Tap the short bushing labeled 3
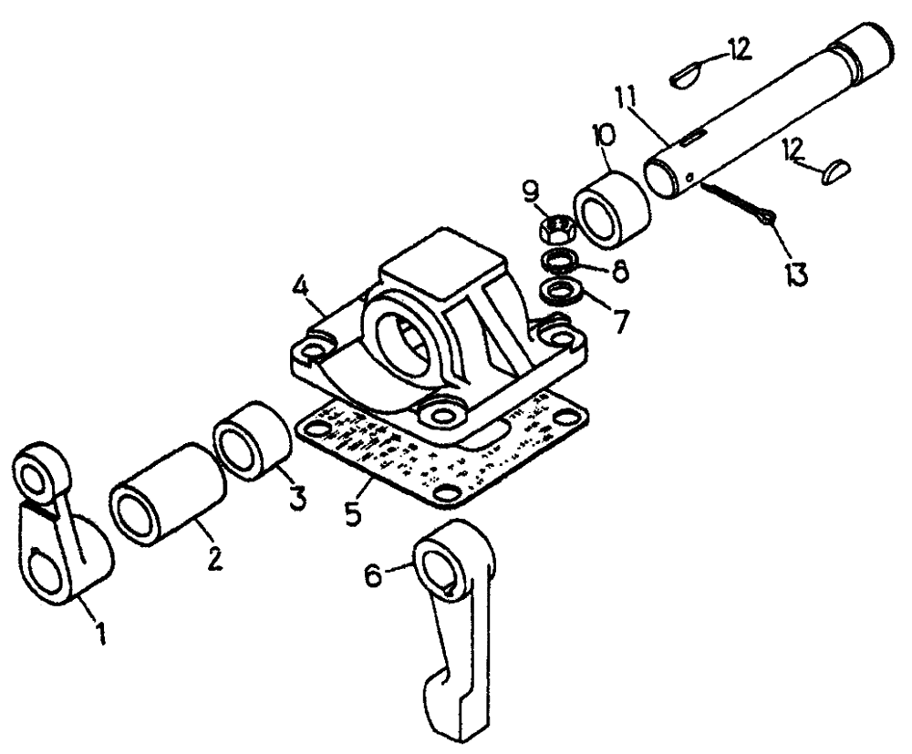click(x=251, y=439)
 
